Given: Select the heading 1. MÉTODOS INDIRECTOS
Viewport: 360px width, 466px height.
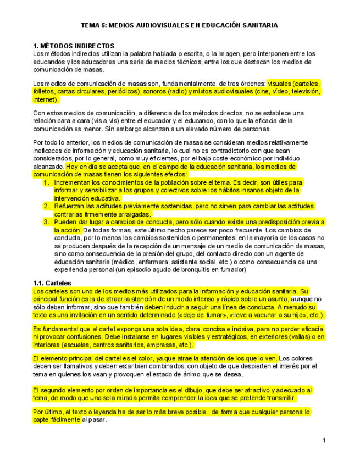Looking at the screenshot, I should (x=73, y=46).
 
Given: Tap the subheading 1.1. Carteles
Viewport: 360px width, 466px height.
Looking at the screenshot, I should (x=53, y=282).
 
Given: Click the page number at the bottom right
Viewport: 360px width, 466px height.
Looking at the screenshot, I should (x=324, y=440).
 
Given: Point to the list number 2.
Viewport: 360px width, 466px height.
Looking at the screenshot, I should (x=47, y=206).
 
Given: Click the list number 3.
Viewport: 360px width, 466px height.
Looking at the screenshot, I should (x=47, y=222).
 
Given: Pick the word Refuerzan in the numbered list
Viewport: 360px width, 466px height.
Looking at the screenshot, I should (x=70, y=206).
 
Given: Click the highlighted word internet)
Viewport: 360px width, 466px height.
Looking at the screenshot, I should (x=46, y=100).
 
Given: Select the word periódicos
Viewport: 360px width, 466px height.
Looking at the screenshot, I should (x=116, y=92).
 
